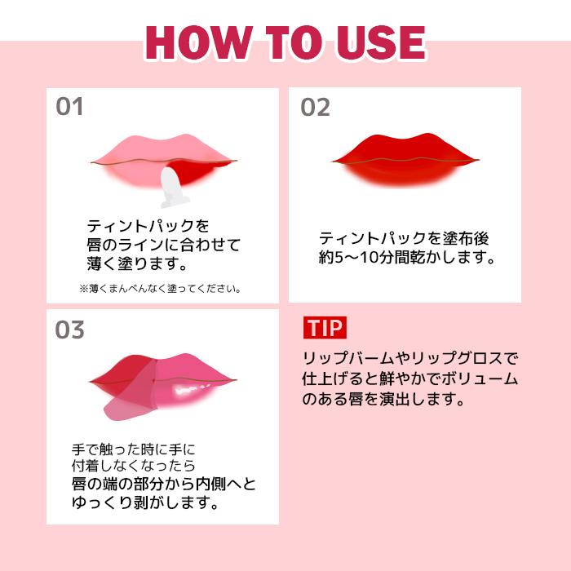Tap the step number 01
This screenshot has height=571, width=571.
click(70, 107)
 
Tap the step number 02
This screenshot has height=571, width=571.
click(316, 107)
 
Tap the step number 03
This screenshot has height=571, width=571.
click(70, 330)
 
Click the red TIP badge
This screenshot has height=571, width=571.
click(325, 327)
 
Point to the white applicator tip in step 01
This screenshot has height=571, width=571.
click(172, 187)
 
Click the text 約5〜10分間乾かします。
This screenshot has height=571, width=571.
click(407, 259)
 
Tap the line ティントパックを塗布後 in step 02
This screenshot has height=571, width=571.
click(404, 239)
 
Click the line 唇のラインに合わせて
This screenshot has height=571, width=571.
click(164, 245)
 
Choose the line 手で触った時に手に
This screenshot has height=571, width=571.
click(135, 449)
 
